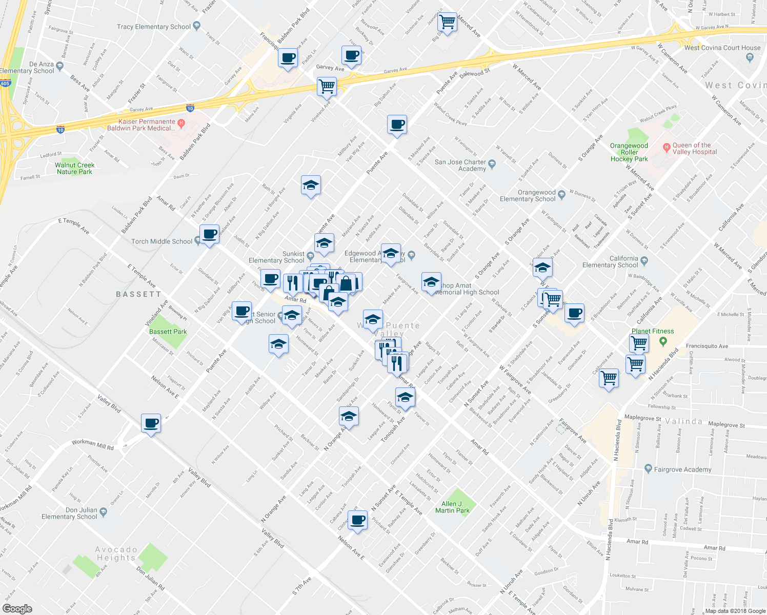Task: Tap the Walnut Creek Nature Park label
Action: (75, 169)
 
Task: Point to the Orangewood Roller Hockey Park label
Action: (629, 152)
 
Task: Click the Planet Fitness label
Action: (652, 332)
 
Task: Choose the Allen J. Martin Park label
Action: (452, 507)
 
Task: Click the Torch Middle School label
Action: (162, 241)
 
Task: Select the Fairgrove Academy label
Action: (682, 469)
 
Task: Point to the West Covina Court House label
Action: (722, 48)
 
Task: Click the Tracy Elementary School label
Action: (153, 27)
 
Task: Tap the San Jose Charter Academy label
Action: (460, 165)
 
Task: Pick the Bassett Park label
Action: (168, 332)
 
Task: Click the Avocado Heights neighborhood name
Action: (116, 553)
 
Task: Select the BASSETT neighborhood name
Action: (138, 294)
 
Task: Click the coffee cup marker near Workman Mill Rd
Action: (151, 423)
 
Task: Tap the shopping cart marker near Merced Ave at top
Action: (447, 22)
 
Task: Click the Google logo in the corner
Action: (17, 609)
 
